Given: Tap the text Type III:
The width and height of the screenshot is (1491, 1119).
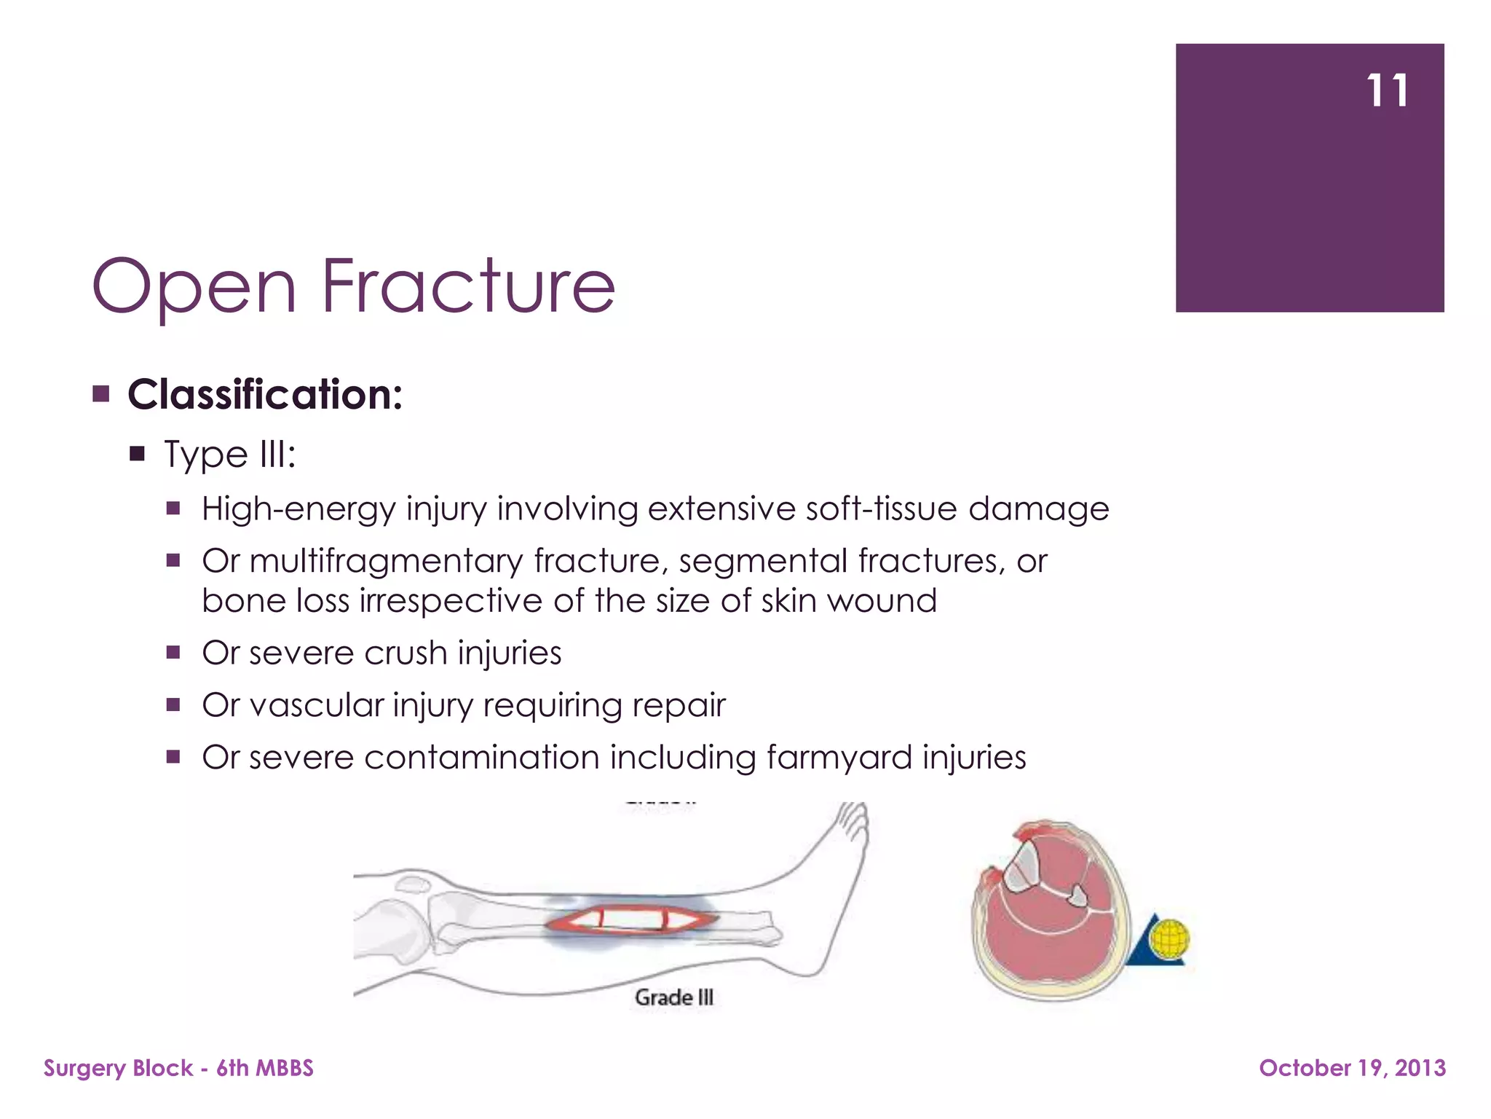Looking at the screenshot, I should pos(229,455).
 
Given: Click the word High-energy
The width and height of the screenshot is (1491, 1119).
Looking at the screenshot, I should pos(298,509).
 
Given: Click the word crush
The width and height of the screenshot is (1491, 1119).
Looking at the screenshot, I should pos(405,653).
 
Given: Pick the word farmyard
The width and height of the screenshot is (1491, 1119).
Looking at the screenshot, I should pos(838,758).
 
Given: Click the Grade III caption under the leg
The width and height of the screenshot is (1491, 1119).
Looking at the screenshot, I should pos(674,997).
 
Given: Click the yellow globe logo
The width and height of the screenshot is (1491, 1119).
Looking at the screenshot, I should pos(1169,938).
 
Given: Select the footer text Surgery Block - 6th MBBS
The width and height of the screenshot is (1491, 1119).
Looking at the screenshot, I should pos(178,1068).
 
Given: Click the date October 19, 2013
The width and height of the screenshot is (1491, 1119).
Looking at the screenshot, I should pos(1352,1068).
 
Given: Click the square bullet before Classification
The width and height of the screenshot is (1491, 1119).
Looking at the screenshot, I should pos(101,395).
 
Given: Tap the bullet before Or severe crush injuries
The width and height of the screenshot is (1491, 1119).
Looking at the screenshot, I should pos(173,652).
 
